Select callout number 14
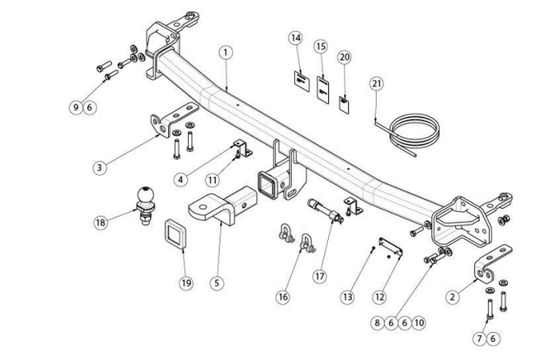point(295,38)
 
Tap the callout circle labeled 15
point(320,47)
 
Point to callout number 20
point(344,58)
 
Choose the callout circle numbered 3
point(98,167)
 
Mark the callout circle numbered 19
point(186,282)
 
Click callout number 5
point(216,282)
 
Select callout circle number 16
point(282,297)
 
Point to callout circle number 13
point(347,297)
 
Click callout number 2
point(452,296)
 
